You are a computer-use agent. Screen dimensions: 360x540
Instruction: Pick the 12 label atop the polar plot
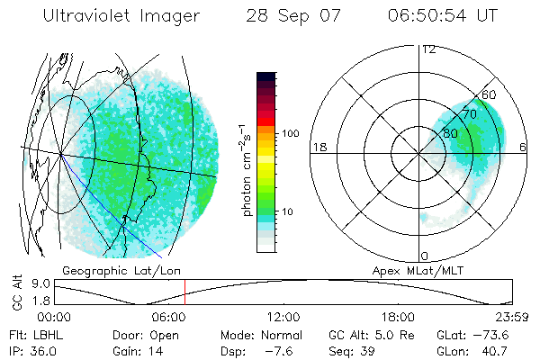click(429, 49)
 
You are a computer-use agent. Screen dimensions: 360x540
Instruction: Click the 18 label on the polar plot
click(318, 147)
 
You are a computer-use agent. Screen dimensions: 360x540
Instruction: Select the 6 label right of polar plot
click(524, 147)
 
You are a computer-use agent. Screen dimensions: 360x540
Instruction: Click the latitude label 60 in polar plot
click(490, 94)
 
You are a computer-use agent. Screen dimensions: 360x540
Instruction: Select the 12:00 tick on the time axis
click(284, 317)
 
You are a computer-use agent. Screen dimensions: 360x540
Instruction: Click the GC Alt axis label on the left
click(16, 293)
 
